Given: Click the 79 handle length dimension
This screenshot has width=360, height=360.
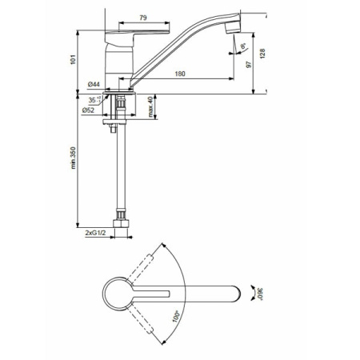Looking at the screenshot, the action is tap(143, 18).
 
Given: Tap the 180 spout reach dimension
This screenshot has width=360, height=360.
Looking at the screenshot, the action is tap(180, 74).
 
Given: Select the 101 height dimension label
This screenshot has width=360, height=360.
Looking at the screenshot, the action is tap(73, 59).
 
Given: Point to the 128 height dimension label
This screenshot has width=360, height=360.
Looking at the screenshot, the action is tap(262, 54).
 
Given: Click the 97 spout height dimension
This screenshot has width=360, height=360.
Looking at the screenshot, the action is tap(249, 64).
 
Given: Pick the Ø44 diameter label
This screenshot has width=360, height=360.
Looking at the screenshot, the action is tap(94, 84).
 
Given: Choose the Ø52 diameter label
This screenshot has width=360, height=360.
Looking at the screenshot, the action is tap(88, 110).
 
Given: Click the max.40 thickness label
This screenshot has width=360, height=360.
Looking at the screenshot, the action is tap(150, 107).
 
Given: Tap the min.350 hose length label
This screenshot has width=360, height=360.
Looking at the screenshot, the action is tap(73, 158).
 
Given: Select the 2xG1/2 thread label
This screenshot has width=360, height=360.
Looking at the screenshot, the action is tap(95, 233).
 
